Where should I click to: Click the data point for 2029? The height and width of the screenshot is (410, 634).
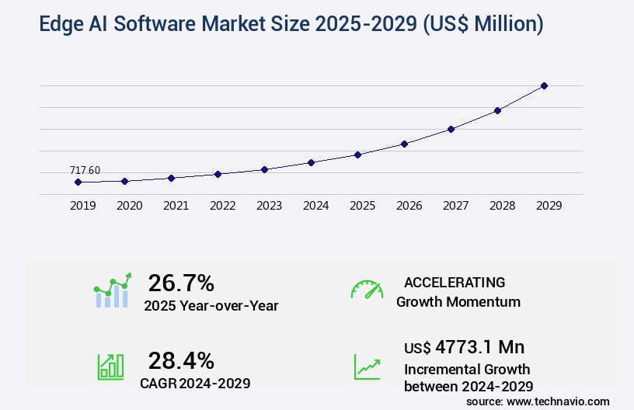(x=544, y=85)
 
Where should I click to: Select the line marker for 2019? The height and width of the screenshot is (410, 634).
(x=78, y=182)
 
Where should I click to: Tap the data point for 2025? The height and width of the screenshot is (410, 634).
(x=357, y=155)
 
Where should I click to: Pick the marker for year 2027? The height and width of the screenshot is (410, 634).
(x=451, y=129)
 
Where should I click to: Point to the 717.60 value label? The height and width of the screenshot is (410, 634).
(x=85, y=171)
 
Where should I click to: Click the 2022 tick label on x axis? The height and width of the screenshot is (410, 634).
(x=222, y=206)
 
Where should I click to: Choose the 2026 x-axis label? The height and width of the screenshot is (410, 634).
(x=409, y=206)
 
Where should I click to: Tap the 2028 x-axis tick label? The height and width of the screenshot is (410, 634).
(x=502, y=206)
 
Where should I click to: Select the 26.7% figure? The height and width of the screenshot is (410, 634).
(x=181, y=283)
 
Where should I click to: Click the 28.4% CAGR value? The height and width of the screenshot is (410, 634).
(x=181, y=360)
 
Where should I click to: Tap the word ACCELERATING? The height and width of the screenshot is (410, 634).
(x=455, y=282)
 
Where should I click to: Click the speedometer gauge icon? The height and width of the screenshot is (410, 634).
(x=367, y=290)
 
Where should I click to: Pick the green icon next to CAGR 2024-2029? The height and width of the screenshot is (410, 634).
(x=110, y=367)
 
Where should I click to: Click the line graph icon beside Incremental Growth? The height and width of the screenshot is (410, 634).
(x=367, y=367)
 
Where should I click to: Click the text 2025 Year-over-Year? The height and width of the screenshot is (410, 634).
(x=211, y=306)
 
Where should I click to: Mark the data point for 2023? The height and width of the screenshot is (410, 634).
(x=264, y=169)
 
